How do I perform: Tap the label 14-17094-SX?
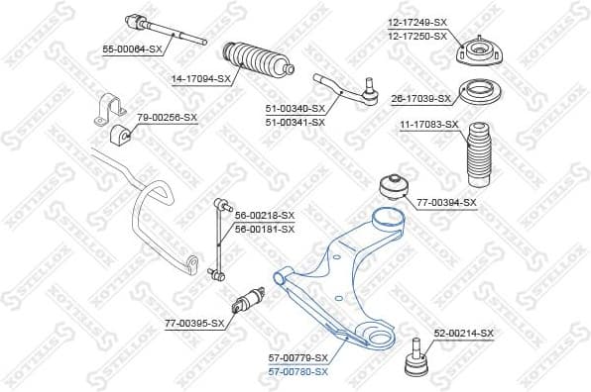tap(201, 78)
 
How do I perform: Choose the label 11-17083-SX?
tap(428, 124)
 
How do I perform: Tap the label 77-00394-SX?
tap(446, 202)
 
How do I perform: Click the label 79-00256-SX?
tap(167, 117)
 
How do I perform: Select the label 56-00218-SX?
tap(265, 215)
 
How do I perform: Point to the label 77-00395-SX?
tap(195, 323)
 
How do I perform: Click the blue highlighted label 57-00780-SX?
tap(297, 371)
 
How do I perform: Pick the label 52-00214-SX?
tap(463, 333)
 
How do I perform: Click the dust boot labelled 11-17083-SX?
tap(479, 148)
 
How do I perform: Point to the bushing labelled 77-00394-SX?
tap(394, 187)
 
